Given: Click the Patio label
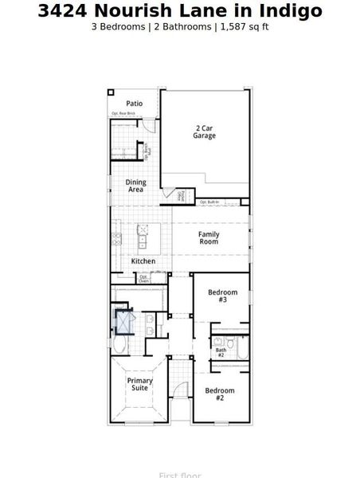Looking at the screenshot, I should pos(135,104).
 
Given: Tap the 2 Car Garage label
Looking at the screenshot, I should pos(204,131).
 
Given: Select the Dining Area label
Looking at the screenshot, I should pos(135,186).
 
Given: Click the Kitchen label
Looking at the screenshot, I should pos(143,261).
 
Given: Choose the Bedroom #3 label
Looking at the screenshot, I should pos(222,296).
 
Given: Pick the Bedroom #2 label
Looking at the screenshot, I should pos(219,394).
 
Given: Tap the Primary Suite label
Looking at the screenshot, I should pos(139,384).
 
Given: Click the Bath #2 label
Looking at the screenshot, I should pos(221,351).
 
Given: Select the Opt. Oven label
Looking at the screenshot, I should pos(143,278).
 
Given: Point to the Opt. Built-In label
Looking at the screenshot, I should pos(209,202).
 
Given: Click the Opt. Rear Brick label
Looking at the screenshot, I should pos(123,114).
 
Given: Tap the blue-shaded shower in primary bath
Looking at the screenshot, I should pos(124,322).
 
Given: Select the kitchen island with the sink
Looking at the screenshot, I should pos(143,237).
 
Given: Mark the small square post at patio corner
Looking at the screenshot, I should pos(112,93).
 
